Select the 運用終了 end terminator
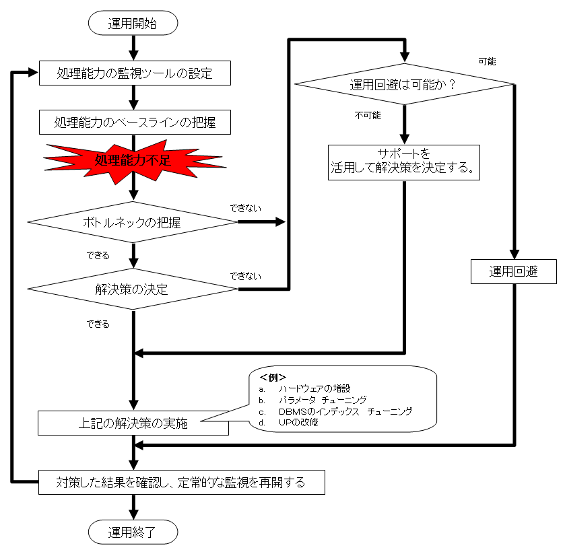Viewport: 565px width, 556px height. (133, 532)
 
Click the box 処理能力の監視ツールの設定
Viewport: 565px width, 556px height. (135, 73)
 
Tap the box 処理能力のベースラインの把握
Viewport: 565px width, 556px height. (135, 123)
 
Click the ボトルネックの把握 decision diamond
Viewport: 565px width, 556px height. (133, 222)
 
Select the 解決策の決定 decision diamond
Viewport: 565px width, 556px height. (133, 289)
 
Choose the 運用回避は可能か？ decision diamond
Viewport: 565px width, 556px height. (404, 84)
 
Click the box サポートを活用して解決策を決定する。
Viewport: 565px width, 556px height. (404, 162)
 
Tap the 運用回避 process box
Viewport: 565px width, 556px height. (514, 272)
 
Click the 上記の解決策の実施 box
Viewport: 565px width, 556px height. (132, 424)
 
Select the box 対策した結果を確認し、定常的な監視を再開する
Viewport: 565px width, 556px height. (181, 482)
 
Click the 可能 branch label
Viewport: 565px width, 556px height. (487, 61)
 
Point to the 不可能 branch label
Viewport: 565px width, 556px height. (368, 115)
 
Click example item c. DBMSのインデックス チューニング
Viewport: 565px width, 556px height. (343, 411)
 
